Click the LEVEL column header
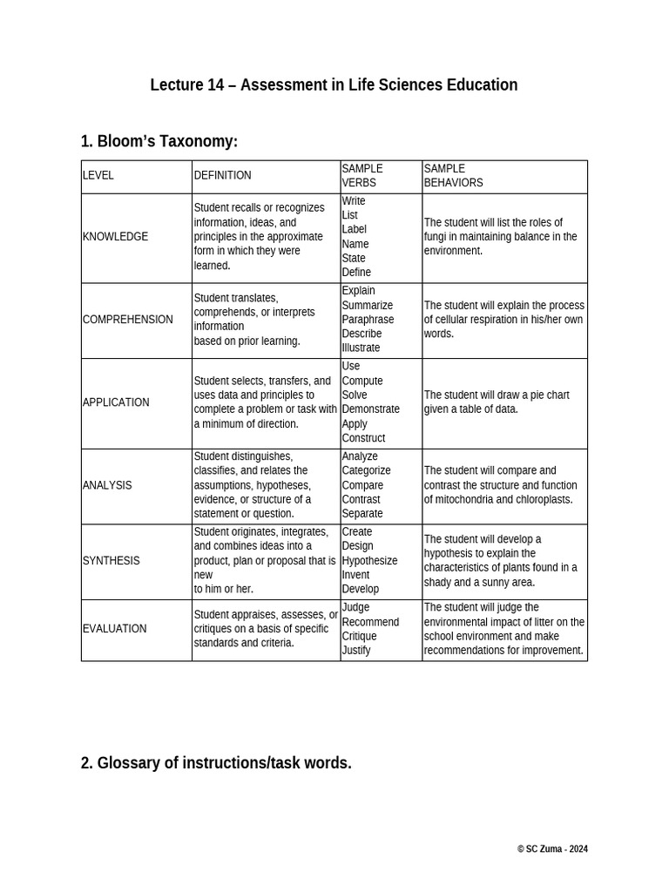[x=98, y=175]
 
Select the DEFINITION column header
[x=222, y=175]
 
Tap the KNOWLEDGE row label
[x=115, y=237]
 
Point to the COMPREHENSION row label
[x=127, y=320]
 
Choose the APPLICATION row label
[x=116, y=402]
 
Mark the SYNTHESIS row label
[x=111, y=561]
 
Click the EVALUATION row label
[x=114, y=629]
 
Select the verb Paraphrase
[x=368, y=320]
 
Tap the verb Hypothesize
[x=369, y=561]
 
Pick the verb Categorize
[x=366, y=470]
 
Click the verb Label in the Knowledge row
[x=355, y=230]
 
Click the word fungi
[x=436, y=237]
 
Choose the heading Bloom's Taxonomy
[x=167, y=141]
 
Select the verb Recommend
[x=370, y=622]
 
